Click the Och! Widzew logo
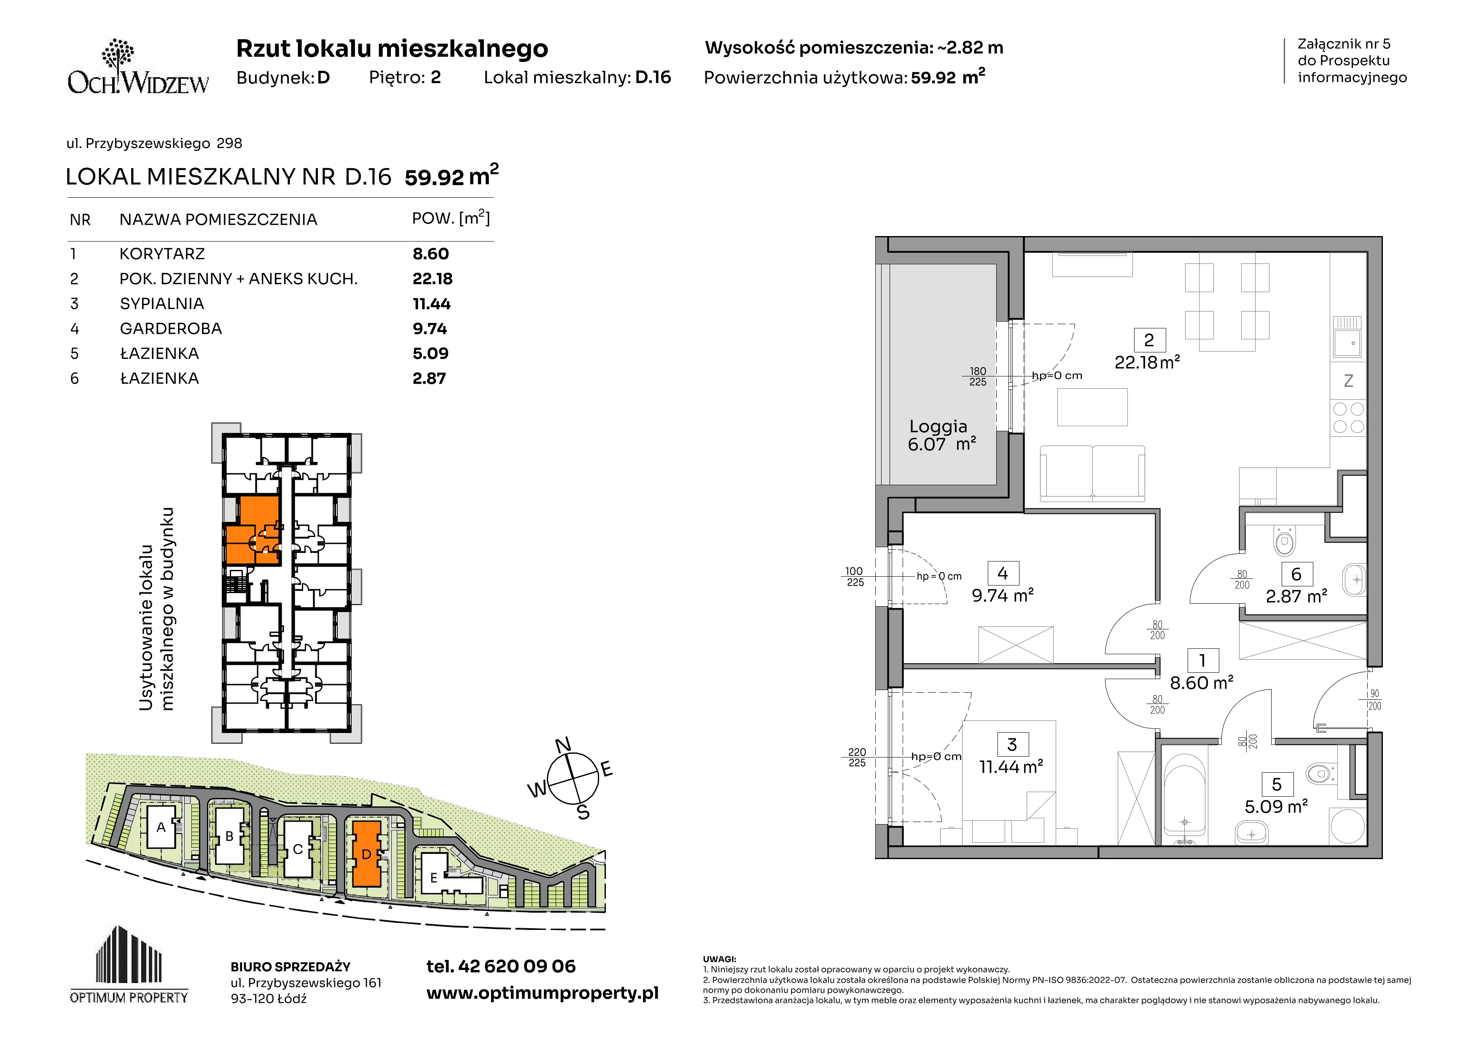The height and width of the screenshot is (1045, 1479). pos(138,66)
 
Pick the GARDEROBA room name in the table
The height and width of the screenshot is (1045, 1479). pos(171,329)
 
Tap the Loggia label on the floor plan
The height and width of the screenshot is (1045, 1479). pos(938,426)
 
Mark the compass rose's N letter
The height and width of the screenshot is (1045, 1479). pos(563,745)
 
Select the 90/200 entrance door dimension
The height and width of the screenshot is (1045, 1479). pos(1374,700)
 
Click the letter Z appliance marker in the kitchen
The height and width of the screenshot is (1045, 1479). pos(1348,381)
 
